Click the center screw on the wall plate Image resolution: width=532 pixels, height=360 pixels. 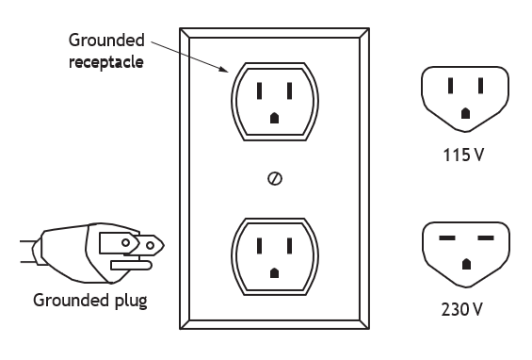[275, 179]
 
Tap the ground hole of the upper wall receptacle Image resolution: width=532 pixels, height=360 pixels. [275, 118]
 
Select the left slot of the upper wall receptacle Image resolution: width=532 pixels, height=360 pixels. [259, 90]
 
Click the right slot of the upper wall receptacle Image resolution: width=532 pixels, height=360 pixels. [289, 90]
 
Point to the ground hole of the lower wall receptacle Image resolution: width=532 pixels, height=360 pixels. [275, 272]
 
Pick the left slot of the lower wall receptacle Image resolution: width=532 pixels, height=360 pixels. [259, 246]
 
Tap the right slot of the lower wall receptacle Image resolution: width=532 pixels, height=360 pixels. [289, 246]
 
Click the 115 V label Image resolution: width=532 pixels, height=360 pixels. [463, 155]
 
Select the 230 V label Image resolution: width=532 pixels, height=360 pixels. [462, 309]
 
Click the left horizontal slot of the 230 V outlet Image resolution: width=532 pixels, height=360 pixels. [447, 237]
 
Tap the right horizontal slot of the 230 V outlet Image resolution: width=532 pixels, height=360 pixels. [486, 237]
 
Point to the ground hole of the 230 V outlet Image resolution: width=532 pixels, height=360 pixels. [466, 264]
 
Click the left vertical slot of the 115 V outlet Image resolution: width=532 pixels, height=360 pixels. [450, 86]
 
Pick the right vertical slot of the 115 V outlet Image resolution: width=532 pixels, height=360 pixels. [480, 86]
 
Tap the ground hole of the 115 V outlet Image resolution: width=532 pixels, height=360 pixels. [465, 113]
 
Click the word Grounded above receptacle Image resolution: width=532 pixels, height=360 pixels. [106, 41]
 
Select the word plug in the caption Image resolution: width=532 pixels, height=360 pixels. [131, 301]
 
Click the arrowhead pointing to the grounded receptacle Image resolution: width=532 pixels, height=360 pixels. [224, 70]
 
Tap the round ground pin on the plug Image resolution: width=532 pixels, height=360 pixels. [131, 265]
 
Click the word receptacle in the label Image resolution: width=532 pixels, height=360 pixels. [106, 62]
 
